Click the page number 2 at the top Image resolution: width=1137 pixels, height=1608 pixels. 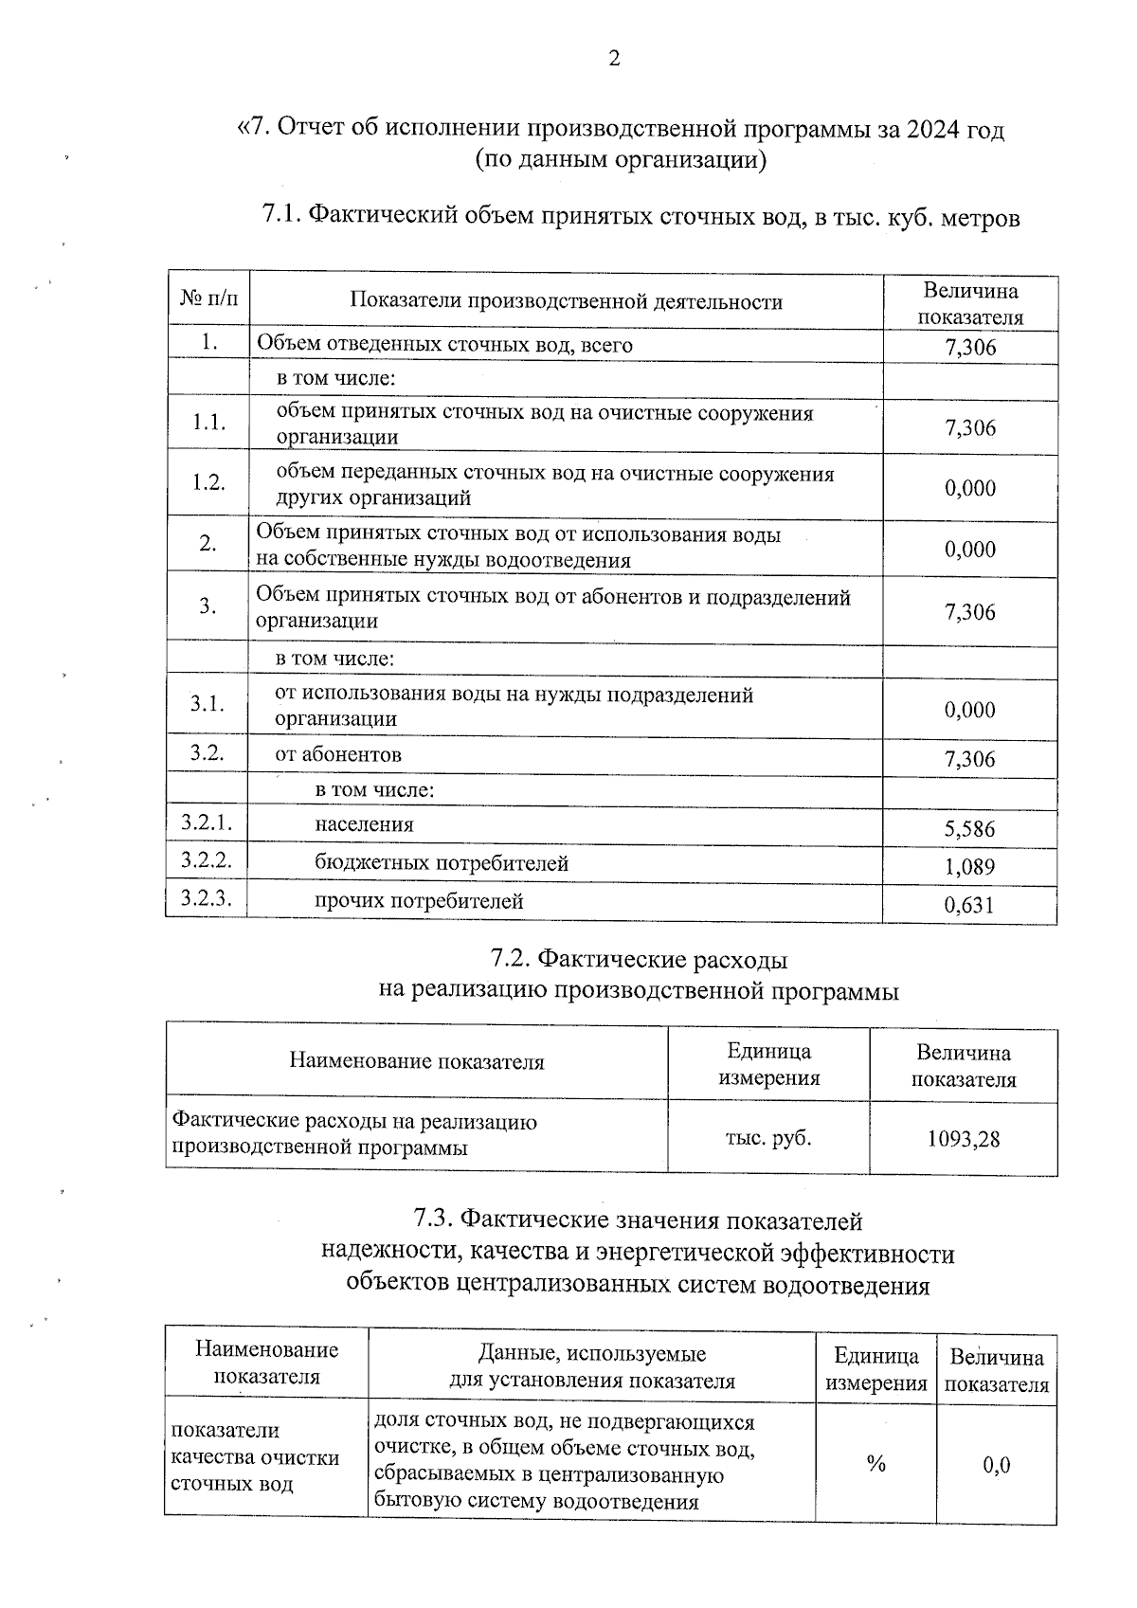(x=614, y=60)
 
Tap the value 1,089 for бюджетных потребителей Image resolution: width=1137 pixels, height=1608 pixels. (x=969, y=866)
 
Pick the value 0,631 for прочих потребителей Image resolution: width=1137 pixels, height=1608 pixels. (x=969, y=905)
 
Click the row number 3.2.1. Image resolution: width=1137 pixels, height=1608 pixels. (x=207, y=822)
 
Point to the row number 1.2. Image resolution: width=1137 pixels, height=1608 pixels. (x=208, y=482)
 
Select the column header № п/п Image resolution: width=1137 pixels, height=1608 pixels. (x=208, y=301)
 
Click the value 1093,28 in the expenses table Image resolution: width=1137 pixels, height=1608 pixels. (x=963, y=1139)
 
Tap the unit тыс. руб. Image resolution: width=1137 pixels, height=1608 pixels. (x=768, y=1137)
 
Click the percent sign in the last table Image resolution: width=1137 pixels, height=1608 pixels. (x=875, y=1464)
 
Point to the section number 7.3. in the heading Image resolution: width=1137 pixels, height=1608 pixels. (x=437, y=1220)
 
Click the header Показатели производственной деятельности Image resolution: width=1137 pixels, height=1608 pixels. (x=566, y=302)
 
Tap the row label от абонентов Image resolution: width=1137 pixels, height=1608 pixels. (x=338, y=755)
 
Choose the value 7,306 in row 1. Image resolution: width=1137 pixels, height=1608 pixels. (x=970, y=348)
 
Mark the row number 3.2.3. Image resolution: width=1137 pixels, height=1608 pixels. (x=207, y=899)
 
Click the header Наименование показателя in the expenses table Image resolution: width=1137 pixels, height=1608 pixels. (x=417, y=1061)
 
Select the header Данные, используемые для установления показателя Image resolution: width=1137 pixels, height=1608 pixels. (x=591, y=1366)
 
